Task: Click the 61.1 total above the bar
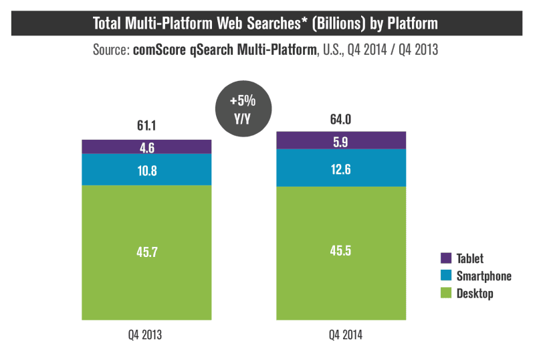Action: point(146,126)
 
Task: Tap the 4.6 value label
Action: point(146,147)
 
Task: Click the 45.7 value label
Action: point(146,254)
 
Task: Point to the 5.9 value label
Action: point(341,141)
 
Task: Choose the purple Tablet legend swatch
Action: point(447,258)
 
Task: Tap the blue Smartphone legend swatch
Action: point(447,276)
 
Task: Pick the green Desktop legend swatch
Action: point(447,293)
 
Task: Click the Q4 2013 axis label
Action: point(146,335)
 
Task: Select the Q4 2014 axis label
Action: point(341,335)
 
